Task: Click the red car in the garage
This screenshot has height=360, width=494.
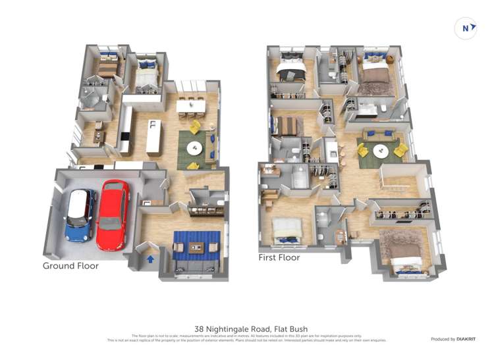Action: (x=113, y=215)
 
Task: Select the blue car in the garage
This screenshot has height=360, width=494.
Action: (x=81, y=215)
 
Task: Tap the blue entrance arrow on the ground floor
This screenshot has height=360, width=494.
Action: (x=150, y=259)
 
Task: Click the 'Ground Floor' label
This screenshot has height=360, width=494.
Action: (x=70, y=266)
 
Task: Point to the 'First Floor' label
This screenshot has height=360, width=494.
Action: (x=279, y=257)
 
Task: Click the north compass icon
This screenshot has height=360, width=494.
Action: (x=467, y=28)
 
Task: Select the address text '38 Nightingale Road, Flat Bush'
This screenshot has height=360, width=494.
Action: (x=251, y=328)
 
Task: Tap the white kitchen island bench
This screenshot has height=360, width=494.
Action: (x=153, y=136)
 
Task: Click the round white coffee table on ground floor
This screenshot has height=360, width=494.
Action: (x=195, y=149)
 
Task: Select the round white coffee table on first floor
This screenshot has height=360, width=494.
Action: (x=380, y=151)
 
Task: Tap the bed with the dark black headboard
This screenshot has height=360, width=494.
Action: (x=288, y=70)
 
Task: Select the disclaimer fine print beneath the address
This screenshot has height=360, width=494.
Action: (x=246, y=338)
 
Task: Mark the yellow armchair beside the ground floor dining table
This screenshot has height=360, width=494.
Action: (x=196, y=126)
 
